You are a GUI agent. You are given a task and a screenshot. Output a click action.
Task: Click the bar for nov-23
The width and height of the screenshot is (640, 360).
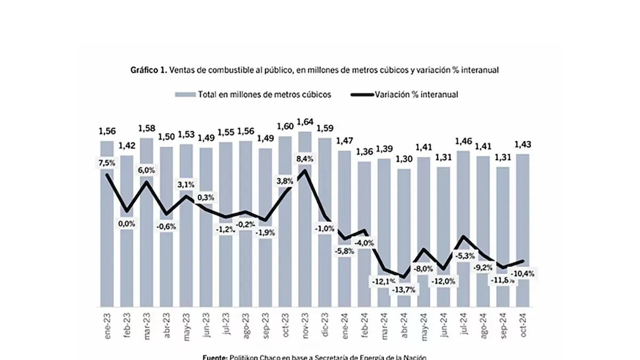[x=305, y=240]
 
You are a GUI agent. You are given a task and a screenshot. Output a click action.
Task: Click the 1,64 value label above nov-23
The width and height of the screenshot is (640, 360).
[x=305, y=122]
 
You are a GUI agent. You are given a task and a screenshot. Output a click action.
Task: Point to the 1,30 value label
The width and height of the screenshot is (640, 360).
[x=404, y=159]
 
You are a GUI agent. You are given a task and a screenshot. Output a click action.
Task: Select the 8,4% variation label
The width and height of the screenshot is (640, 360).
[x=305, y=158]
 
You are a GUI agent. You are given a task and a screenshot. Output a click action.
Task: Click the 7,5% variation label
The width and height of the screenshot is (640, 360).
[x=107, y=163]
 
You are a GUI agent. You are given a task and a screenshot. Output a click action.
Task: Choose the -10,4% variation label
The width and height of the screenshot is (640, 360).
[x=523, y=274]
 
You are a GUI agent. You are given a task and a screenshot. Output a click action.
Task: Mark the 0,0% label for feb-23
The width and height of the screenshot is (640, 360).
[x=127, y=224]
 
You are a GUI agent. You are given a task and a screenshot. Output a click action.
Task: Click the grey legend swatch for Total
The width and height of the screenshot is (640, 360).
[x=185, y=94]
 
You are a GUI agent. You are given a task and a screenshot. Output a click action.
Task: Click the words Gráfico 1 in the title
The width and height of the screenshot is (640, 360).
[x=148, y=70]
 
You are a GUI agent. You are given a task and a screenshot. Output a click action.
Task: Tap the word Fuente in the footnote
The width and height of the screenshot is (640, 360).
[x=215, y=357]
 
